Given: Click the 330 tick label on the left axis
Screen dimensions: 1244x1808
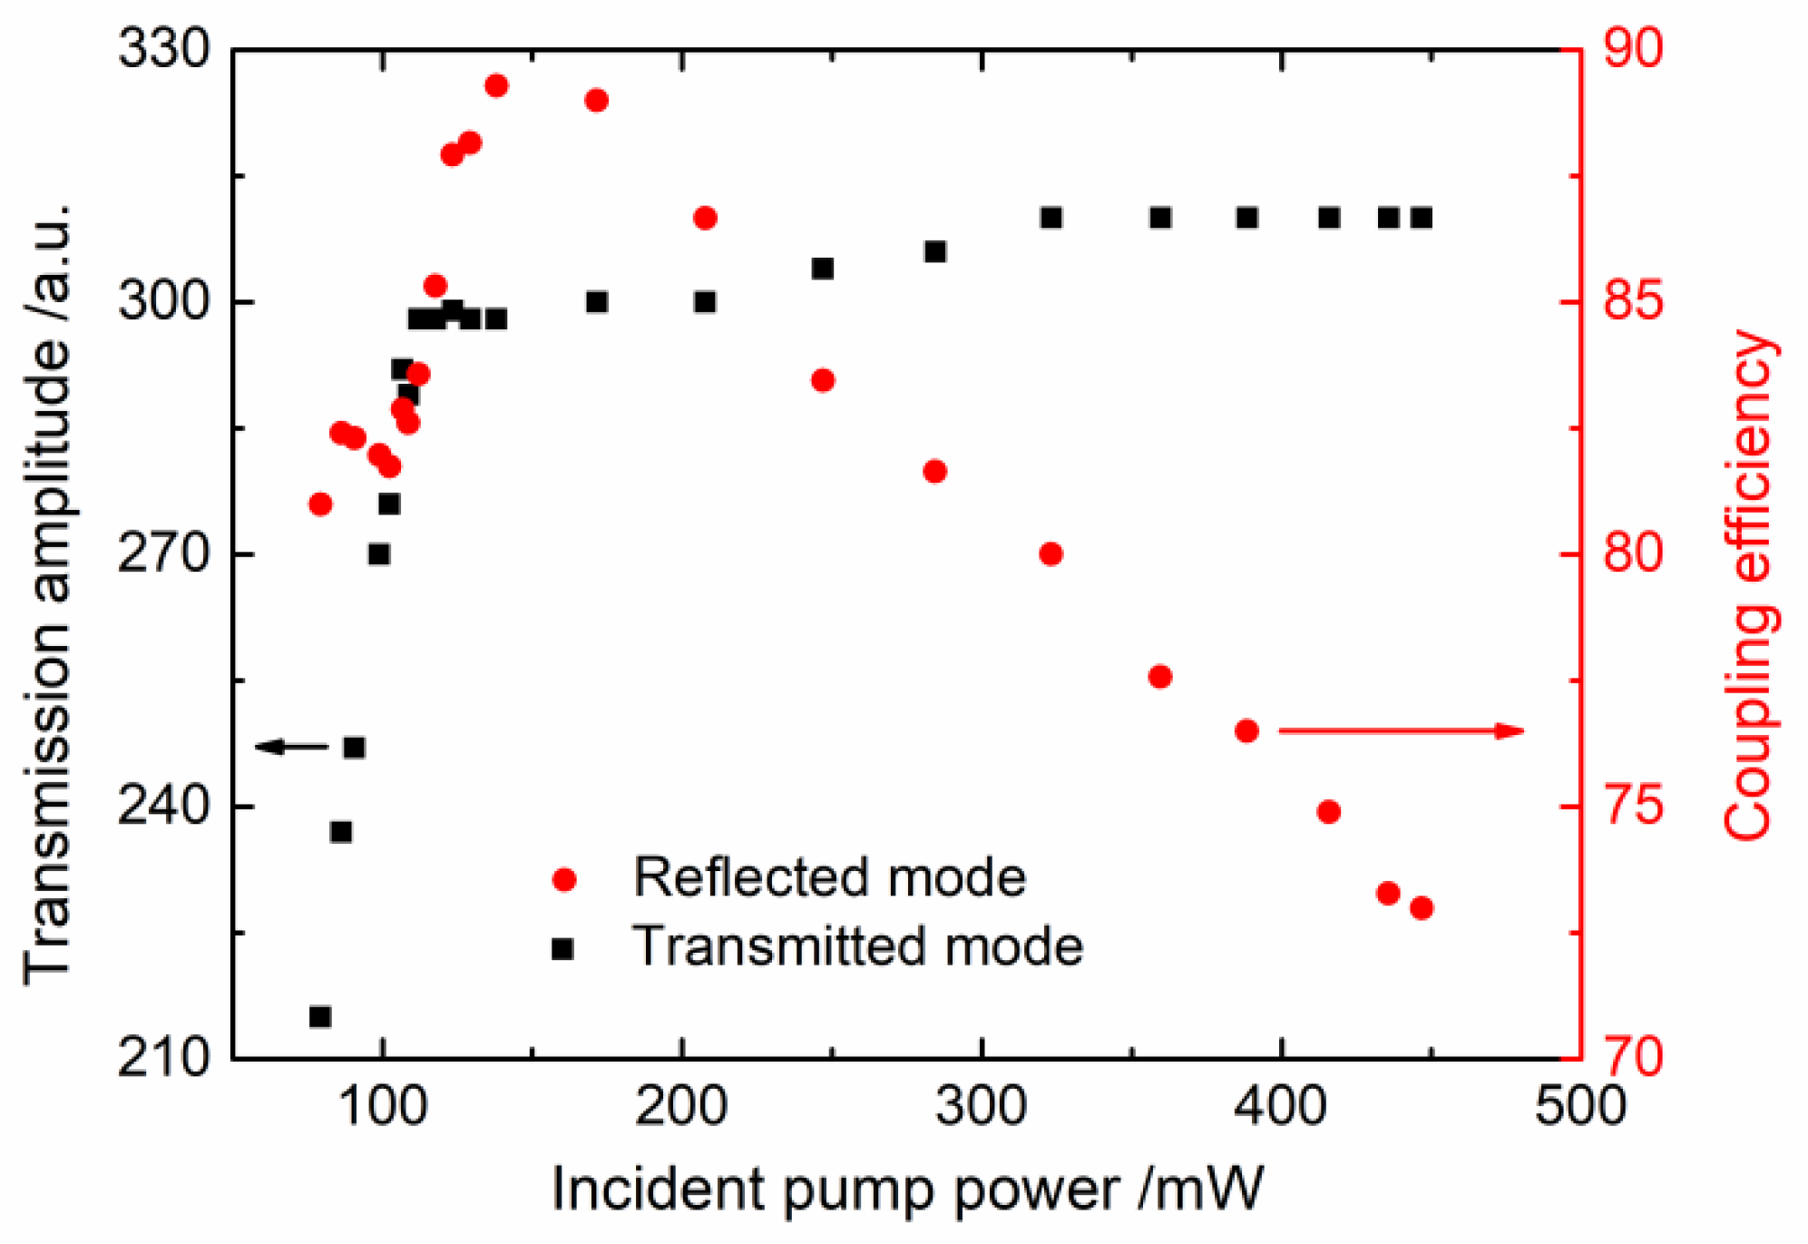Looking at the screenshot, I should [x=164, y=48].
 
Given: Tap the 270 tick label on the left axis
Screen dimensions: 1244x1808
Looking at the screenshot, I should [x=164, y=553].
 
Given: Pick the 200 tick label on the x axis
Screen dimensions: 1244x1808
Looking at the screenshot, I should [x=680, y=1107].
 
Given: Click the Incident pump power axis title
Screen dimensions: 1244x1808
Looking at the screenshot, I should [x=907, y=1189].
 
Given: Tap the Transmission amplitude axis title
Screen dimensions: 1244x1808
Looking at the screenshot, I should [x=47, y=594].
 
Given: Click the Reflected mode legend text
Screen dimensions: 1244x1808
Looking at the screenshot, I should [x=829, y=877].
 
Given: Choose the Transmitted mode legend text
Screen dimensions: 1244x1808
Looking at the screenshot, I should [x=857, y=946].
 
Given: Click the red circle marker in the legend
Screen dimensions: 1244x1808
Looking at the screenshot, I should [x=564, y=879].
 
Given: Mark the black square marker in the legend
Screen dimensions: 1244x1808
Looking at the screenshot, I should [x=563, y=949].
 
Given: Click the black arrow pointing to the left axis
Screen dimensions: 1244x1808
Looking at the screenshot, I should [x=290, y=747].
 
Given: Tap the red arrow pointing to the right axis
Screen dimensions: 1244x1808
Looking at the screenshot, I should [x=1402, y=730].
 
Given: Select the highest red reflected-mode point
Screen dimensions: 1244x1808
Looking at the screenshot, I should [x=496, y=86].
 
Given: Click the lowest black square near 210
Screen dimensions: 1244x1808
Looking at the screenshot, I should [x=320, y=1016].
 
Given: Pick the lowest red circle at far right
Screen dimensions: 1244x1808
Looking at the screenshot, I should [x=1422, y=908].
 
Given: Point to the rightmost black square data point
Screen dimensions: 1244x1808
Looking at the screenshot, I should [x=1422, y=218].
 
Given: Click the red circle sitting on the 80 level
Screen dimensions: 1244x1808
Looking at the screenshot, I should [x=1051, y=553].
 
